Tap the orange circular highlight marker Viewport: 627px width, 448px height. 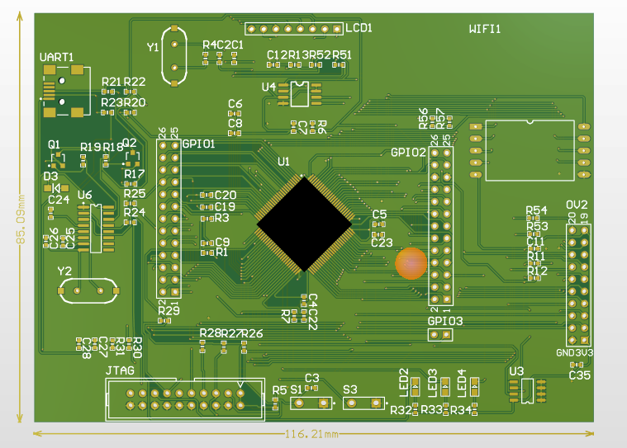tap(411, 263)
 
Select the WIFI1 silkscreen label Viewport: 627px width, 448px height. tap(485, 29)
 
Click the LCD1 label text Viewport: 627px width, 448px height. tap(359, 27)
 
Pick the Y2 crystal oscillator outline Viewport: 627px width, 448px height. tap(82, 290)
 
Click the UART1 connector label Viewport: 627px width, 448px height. tap(57, 58)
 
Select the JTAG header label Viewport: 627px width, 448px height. tap(120, 370)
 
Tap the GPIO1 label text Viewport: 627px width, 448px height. tap(198, 143)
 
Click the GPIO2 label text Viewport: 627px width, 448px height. tap(408, 152)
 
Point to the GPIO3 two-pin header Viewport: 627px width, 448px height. tap(439, 334)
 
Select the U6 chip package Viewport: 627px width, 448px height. tap(91, 223)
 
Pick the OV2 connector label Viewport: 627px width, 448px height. tap(577, 205)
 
